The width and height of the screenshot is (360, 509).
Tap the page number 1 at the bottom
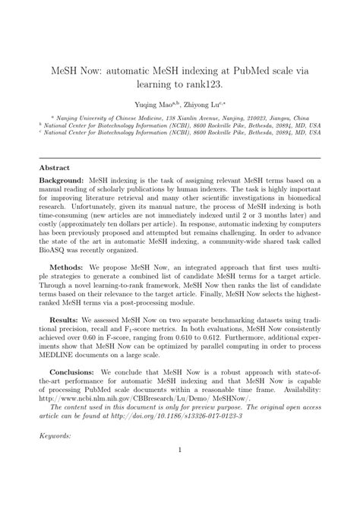point(180,492)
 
